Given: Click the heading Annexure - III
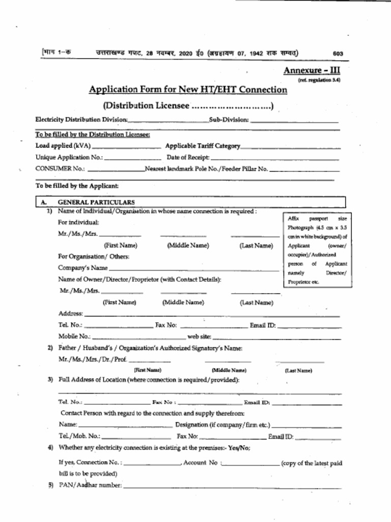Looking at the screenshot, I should point(312,70).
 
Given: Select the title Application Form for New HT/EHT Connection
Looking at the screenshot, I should point(188,90).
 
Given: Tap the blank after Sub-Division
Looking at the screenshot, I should point(294,120).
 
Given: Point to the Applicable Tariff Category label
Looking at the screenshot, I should point(203,146).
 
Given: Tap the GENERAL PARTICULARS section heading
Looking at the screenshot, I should point(96,202).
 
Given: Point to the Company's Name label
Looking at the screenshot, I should point(82,268).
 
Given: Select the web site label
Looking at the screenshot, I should point(199,337).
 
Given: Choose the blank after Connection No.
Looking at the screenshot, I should point(152,464).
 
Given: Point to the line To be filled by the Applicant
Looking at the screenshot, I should point(77,186).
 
